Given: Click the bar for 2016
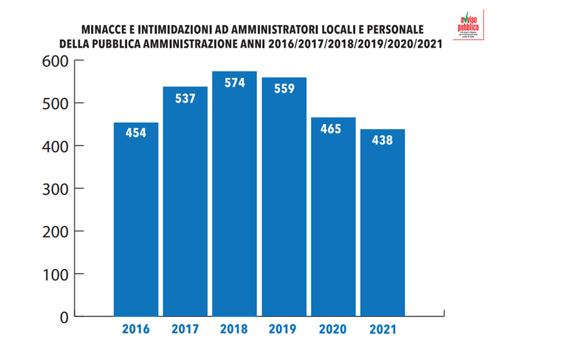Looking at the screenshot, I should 135,220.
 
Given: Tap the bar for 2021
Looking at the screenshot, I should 382,226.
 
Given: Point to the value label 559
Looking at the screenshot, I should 284,88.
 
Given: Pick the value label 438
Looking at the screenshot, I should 382,140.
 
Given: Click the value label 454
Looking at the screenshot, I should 135,133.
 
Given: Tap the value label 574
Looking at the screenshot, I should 234,83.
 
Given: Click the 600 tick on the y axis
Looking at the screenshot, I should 55,61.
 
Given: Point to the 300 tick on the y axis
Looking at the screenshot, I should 55,189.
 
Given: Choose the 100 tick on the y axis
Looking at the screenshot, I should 55,274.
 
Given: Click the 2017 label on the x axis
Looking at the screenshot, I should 185,330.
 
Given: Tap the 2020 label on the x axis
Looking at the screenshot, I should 333,330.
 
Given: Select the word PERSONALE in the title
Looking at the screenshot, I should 397,30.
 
